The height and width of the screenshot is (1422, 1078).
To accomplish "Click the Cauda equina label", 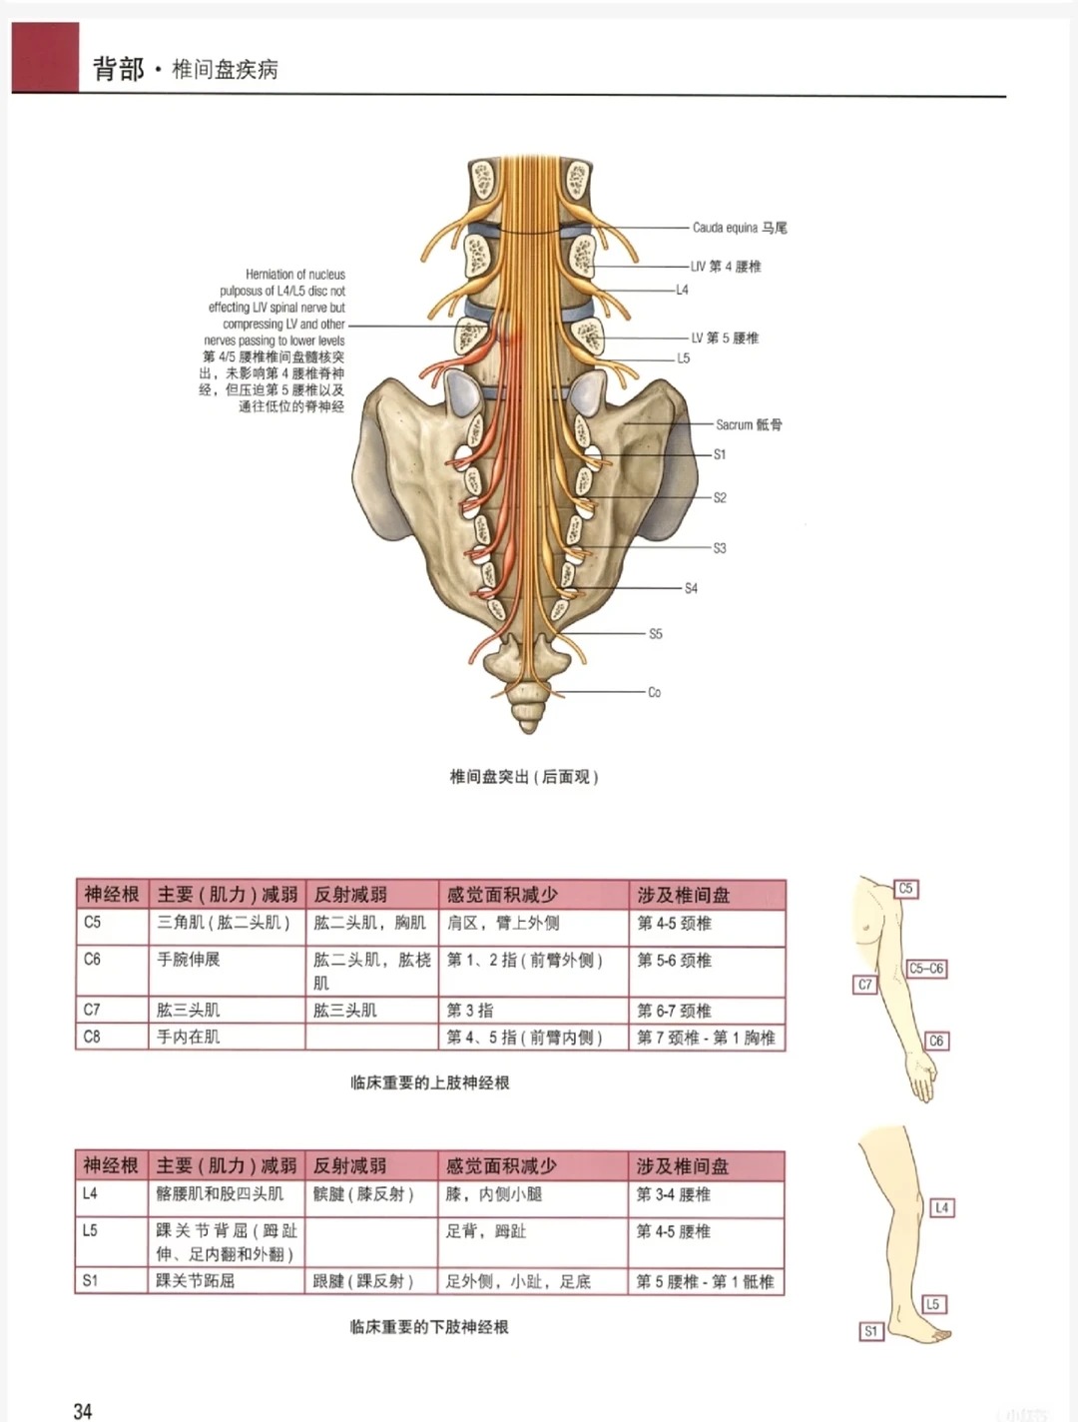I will point(740,228).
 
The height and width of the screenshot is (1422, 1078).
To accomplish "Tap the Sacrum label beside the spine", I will point(749,424).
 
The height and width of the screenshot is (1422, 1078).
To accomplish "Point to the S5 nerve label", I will point(656,634).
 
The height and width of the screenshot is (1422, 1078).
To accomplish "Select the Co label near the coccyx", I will point(654,692).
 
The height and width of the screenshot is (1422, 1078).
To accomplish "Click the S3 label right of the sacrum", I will point(720,548).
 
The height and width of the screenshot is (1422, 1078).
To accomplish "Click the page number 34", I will point(83,1410).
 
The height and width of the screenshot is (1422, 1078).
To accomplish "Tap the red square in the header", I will point(45,57).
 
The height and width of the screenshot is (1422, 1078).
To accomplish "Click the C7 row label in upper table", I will point(92,1010).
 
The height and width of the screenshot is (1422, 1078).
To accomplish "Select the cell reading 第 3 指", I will point(470,1011).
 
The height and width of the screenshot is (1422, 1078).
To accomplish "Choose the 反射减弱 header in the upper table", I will point(350,895).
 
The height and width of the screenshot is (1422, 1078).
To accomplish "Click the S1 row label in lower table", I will point(90,1280).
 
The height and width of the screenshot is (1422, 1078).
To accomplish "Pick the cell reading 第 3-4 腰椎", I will point(674,1194).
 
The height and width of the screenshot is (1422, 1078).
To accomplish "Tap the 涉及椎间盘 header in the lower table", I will point(683,1166).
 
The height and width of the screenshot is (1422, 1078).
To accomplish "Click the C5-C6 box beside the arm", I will point(926,969).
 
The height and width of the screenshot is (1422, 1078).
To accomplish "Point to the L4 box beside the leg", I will point(941,1207).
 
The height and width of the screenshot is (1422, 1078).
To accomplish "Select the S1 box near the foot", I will point(871,1331).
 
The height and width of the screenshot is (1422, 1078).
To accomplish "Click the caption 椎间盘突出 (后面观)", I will point(524,777).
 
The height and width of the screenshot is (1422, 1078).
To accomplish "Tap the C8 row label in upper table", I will point(92,1037).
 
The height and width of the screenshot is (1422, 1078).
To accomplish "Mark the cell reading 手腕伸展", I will point(189,960).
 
